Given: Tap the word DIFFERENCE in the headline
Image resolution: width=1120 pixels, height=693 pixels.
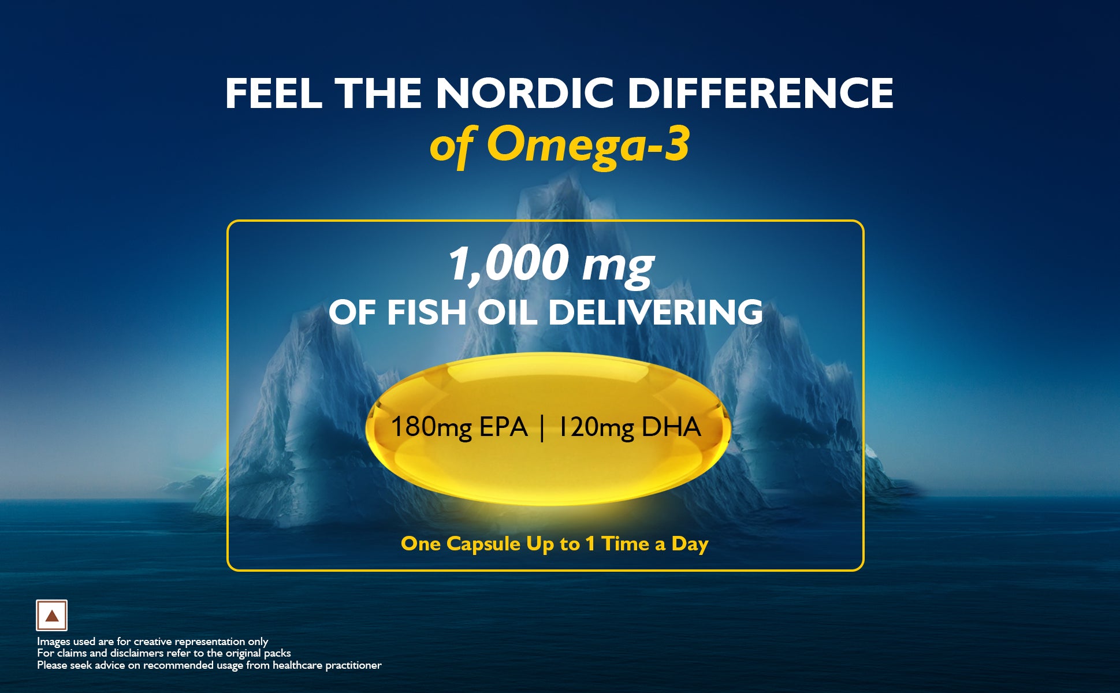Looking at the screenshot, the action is click(x=761, y=93).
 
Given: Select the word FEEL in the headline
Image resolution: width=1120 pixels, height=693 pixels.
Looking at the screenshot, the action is click(x=273, y=93).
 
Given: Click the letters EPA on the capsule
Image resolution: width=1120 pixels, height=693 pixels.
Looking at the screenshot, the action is click(x=503, y=427).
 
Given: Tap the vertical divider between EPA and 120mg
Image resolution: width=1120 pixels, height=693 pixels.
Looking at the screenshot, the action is click(x=542, y=428).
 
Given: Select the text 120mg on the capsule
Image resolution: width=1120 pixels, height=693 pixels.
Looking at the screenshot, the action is click(x=597, y=428).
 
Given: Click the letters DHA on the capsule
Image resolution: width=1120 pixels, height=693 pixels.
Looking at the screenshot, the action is click(x=671, y=427).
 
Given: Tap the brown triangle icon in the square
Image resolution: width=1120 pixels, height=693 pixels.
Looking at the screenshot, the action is click(x=52, y=616).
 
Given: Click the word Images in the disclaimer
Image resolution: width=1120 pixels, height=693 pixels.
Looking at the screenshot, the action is click(x=54, y=642).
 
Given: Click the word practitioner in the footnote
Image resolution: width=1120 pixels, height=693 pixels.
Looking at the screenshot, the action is click(x=353, y=665).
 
